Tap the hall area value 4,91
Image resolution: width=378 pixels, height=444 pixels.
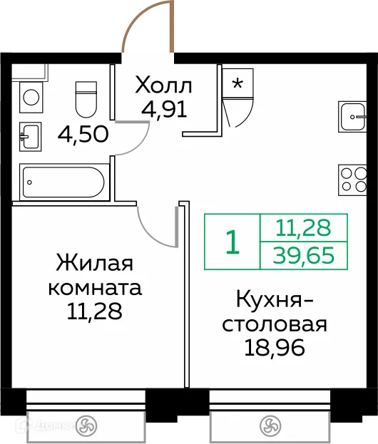click(165, 112)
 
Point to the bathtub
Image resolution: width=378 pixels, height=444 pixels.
click(65, 181)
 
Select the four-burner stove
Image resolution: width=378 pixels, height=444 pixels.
click(353, 177)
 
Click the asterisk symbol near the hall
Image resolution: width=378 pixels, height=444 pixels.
click(237, 83)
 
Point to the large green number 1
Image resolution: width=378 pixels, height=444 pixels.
click(232, 242)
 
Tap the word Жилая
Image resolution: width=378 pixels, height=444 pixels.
click(95, 264)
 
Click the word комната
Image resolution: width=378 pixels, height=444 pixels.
click(95, 288)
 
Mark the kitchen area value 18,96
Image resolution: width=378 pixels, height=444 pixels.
click(275, 350)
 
